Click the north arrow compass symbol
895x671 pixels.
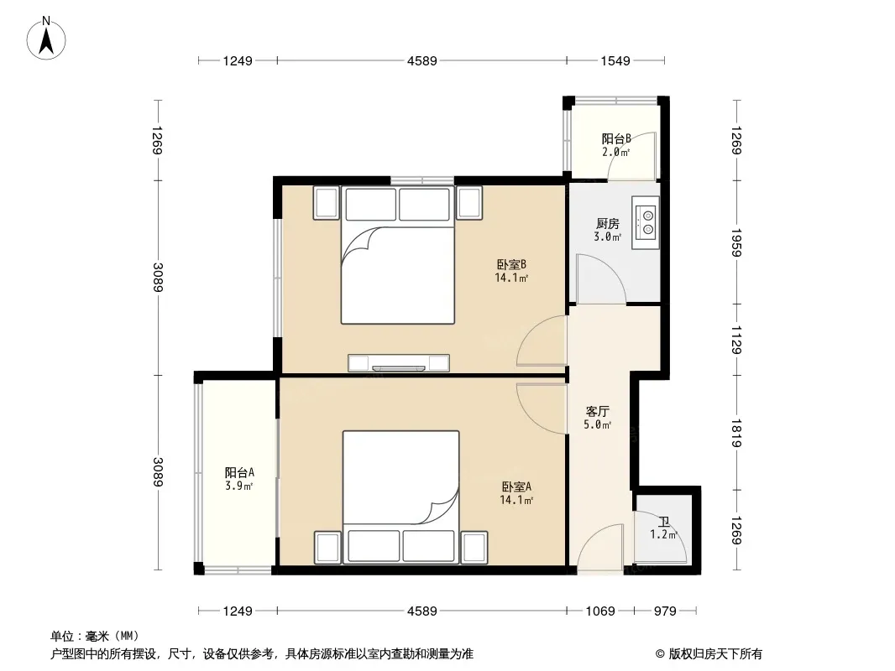pyautogui.click(x=46, y=39)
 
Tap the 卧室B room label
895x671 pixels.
pyautogui.click(x=510, y=264)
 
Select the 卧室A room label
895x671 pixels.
pyautogui.click(x=516, y=486)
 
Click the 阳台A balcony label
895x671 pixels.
pyautogui.click(x=239, y=472)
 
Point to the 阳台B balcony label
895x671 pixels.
pyautogui.click(x=616, y=138)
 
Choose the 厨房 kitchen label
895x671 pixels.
pyautogui.click(x=607, y=223)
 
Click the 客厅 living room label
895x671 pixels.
pyautogui.click(x=598, y=411)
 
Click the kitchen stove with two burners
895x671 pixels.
pyautogui.click(x=646, y=223)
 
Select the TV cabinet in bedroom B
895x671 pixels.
pyautogui.click(x=399, y=362)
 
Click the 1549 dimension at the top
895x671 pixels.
pyautogui.click(x=615, y=60)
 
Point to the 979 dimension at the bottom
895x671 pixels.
pyautogui.click(x=665, y=611)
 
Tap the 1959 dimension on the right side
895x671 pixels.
pyautogui.click(x=736, y=243)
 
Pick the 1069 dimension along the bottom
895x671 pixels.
pyautogui.click(x=600, y=611)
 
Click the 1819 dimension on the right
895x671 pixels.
pyautogui.click(x=736, y=434)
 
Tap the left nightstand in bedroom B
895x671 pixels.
pyautogui.click(x=327, y=203)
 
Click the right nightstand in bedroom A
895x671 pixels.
pyautogui.click(x=474, y=548)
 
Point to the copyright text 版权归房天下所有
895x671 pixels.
pyautogui.click(x=715, y=654)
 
